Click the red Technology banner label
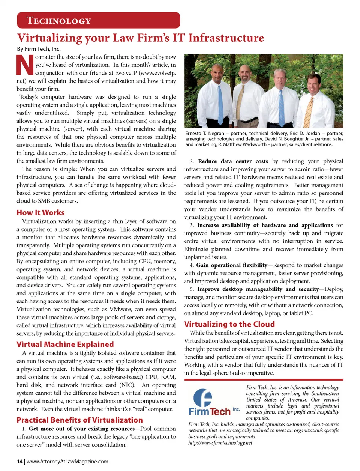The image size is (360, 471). [59, 21]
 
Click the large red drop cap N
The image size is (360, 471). [25, 65]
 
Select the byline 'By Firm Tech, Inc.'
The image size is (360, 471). [39, 49]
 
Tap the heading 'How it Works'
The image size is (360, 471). [40, 213]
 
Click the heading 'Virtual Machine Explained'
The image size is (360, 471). [65, 344]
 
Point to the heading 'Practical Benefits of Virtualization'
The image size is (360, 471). [79, 420]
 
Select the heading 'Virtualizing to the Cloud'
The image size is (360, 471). [229, 324]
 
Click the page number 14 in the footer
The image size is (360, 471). [19, 462]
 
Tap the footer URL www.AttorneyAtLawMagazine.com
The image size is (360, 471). [67, 462]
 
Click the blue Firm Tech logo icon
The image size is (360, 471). [203, 398]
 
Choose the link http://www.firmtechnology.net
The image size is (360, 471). [220, 443]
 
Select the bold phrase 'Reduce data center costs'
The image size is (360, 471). [233, 161]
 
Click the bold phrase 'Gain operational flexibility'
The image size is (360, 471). [232, 265]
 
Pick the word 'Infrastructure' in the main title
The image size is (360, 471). [226, 38]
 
